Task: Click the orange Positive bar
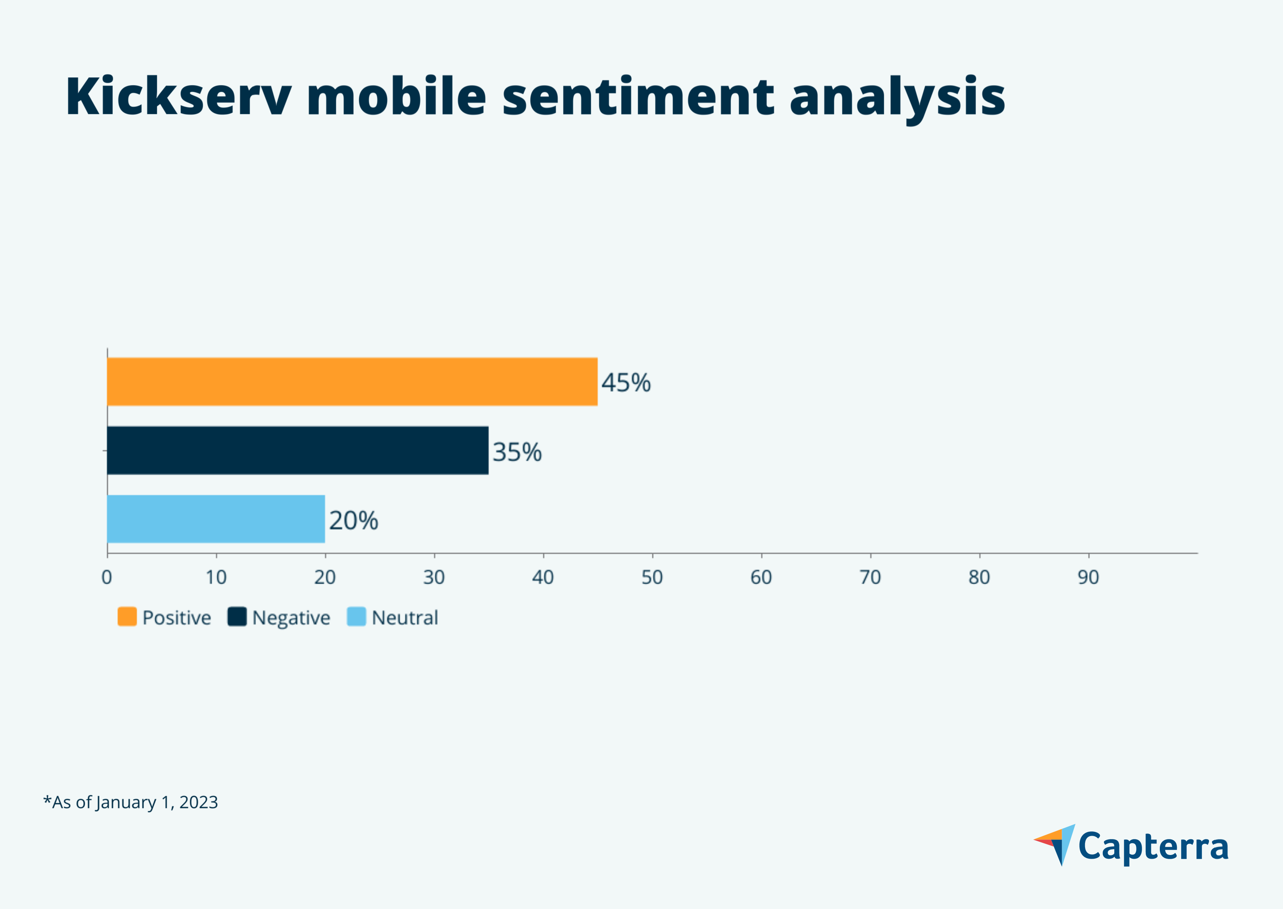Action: pos(352,382)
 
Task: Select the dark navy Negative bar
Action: pos(297,451)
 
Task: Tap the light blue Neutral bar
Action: pos(216,519)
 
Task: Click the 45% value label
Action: pos(626,383)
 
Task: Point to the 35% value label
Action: pos(517,452)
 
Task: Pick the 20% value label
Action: pos(353,521)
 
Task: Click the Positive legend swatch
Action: pos(127,617)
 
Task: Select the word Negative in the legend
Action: pos(291,618)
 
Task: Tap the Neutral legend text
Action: pos(405,618)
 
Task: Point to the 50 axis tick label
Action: pos(652,577)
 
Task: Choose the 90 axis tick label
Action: pos(1088,577)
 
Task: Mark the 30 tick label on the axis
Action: pos(434,577)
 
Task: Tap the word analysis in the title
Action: pos(897,98)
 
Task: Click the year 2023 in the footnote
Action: pos(199,802)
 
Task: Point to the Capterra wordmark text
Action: pos(1153,847)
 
